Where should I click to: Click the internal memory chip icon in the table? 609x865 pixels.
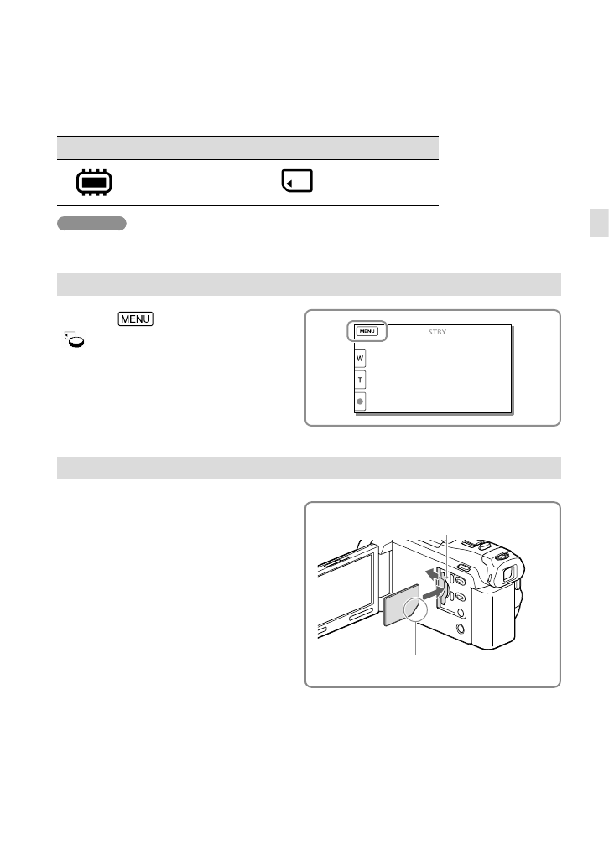point(93,182)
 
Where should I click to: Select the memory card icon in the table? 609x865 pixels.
point(297,181)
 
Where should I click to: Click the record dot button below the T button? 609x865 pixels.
point(361,401)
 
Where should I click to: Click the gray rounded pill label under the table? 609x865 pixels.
point(91,223)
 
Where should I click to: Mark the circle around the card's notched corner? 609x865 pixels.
point(414,609)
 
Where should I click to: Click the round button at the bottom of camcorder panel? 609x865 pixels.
point(460,627)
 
